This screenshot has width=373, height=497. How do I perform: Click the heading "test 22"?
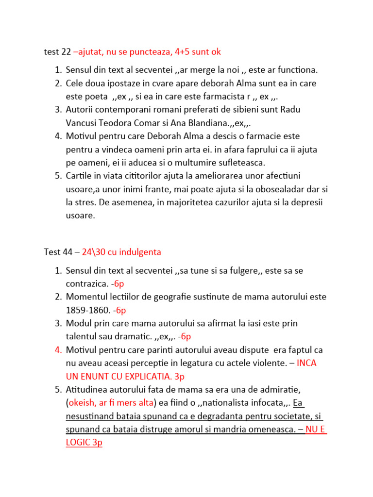(57, 51)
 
